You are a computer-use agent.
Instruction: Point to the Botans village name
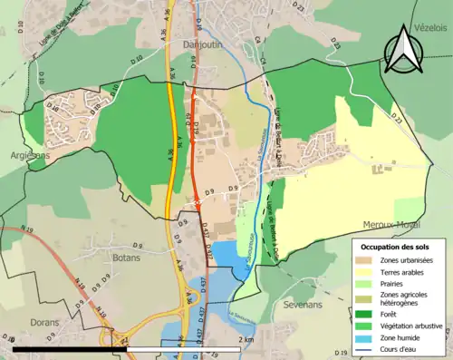[x=101, y=258]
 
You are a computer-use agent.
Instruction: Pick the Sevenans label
[x=303, y=306]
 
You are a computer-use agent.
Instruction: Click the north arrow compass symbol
[x=402, y=50]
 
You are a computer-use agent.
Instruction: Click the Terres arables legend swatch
[x=368, y=270]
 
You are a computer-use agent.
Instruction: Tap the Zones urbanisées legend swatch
[x=368, y=260]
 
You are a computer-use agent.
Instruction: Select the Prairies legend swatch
[x=368, y=281]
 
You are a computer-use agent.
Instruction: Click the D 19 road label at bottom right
[x=341, y=352]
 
